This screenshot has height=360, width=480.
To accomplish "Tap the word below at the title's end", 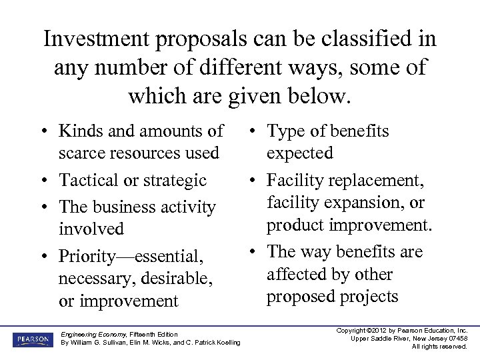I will (315, 96).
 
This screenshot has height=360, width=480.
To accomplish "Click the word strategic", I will (175, 180).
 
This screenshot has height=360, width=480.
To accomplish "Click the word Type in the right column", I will (287, 131).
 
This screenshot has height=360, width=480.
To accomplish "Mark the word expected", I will (299, 153).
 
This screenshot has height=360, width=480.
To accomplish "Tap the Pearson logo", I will (31, 339).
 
